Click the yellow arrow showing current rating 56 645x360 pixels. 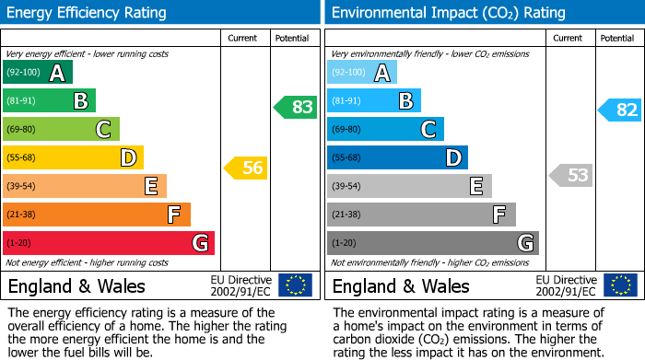[245, 168]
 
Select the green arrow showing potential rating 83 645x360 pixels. [295, 107]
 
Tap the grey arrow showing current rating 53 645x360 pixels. [570, 175]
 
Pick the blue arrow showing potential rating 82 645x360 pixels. [619, 110]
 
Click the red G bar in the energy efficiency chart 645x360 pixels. [109, 243]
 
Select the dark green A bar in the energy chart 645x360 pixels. [38, 73]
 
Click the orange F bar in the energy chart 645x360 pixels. [97, 215]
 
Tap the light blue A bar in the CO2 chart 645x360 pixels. [362, 73]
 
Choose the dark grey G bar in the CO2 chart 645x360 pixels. [432, 243]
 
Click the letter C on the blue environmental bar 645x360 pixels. [428, 130]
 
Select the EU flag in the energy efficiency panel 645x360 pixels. [295, 285]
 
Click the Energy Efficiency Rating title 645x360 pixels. [88, 13]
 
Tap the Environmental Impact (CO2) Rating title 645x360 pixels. [448, 13]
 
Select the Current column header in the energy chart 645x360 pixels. [244, 38]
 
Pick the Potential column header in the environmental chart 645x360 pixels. [617, 38]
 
